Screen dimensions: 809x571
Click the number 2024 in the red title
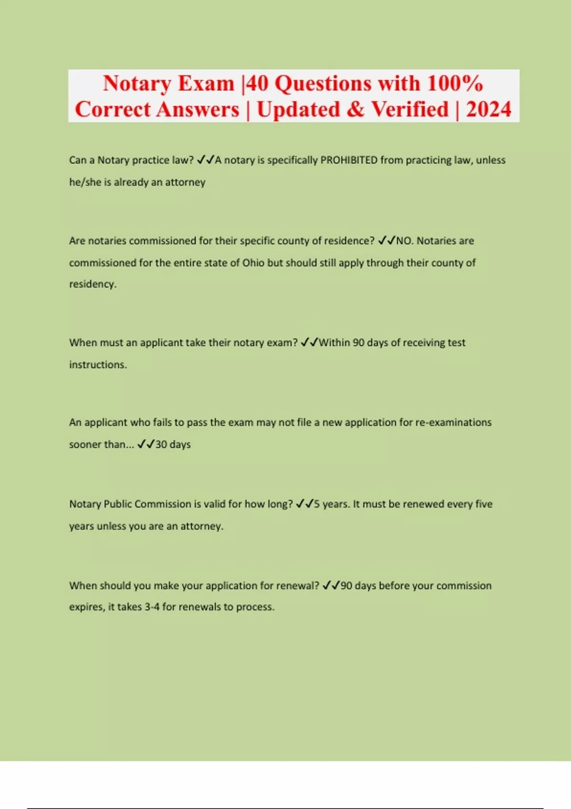tap(488, 109)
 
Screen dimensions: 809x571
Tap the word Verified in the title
tap(410, 109)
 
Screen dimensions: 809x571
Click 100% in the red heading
tap(455, 84)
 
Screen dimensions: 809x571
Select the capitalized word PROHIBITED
tap(349, 160)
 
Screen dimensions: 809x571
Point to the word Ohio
tap(253, 263)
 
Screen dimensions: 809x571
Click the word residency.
tap(93, 284)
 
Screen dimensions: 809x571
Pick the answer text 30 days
tap(173, 444)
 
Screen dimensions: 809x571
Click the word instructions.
tap(98, 365)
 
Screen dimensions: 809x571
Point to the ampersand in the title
tap(355, 109)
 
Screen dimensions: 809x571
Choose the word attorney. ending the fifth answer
tap(202, 526)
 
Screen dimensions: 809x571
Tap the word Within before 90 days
tap(334, 343)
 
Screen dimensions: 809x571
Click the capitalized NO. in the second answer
tap(404, 241)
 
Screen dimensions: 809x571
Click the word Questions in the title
tap(324, 84)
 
